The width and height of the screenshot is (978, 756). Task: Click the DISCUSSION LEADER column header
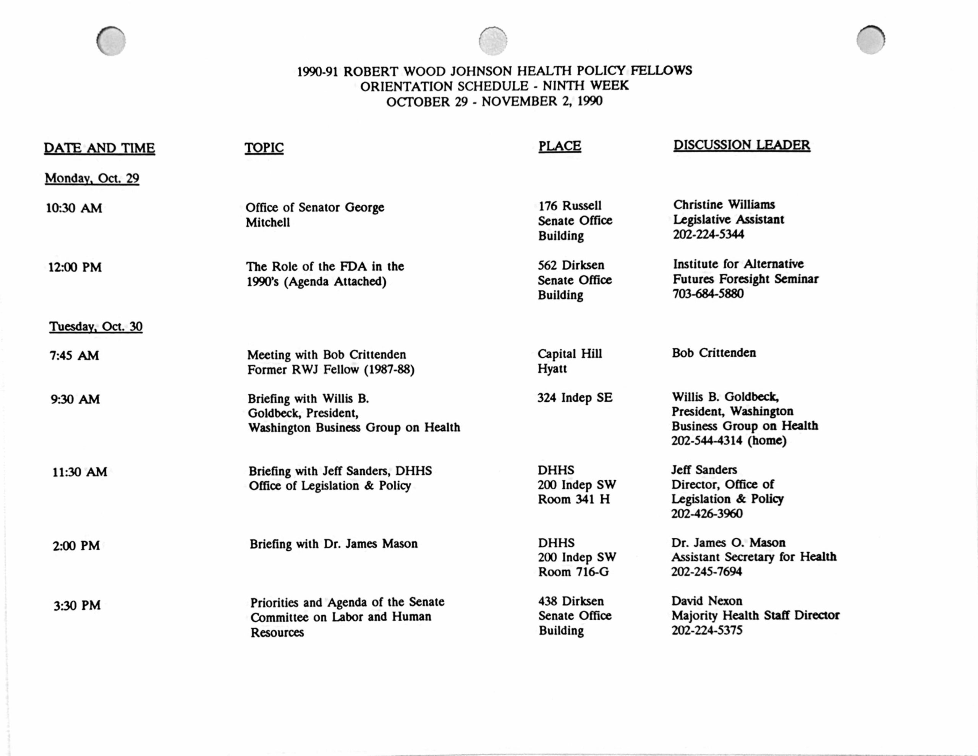742,145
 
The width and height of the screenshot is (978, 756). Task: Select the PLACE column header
559,146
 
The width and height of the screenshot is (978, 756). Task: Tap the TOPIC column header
264,148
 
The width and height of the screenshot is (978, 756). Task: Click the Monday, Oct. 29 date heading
92,178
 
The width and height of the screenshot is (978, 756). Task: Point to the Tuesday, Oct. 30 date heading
96,326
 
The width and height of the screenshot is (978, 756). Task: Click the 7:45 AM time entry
74,356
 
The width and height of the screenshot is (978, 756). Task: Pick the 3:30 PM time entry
77,606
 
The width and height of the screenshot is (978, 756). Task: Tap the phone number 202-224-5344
708,234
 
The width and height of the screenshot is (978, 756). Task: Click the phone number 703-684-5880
708,294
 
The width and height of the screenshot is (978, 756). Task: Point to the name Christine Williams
724,205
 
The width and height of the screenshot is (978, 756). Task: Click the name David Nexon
707,601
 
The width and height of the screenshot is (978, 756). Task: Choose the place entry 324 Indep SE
575,398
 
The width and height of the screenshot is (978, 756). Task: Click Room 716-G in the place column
573,572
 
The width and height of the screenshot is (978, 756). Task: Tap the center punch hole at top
493,41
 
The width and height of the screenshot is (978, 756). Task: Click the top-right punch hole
871,40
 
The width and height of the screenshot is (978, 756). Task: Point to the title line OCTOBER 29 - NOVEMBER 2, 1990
494,102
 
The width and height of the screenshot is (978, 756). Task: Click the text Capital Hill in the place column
570,354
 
